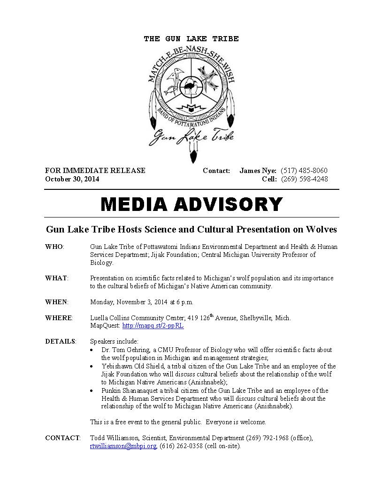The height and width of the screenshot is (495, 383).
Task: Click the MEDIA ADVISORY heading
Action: [x=191, y=204]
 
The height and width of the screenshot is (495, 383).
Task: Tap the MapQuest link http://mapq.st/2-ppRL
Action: [x=153, y=326]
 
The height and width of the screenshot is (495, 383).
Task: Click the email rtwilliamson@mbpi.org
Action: [x=123, y=446]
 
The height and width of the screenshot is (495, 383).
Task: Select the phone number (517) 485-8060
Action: [x=304, y=171]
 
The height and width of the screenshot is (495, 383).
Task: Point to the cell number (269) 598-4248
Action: [x=304, y=179]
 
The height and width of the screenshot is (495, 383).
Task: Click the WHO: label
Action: [x=54, y=247]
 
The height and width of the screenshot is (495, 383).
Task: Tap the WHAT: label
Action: [x=56, y=278]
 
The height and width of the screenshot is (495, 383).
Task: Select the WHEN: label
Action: [x=56, y=302]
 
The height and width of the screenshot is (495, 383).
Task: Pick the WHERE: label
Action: [x=59, y=318]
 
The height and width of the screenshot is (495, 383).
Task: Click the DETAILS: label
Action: [x=61, y=341]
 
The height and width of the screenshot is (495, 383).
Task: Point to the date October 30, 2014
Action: [x=72, y=179]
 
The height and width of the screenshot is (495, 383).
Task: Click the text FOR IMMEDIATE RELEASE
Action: [x=95, y=171]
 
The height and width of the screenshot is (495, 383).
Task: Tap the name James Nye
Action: [x=258, y=171]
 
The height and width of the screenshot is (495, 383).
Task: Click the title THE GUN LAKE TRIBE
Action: [x=191, y=39]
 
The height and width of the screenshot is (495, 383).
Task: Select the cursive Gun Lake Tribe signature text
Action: [x=191, y=136]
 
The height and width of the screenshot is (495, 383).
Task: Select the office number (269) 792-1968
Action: [x=268, y=438]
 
